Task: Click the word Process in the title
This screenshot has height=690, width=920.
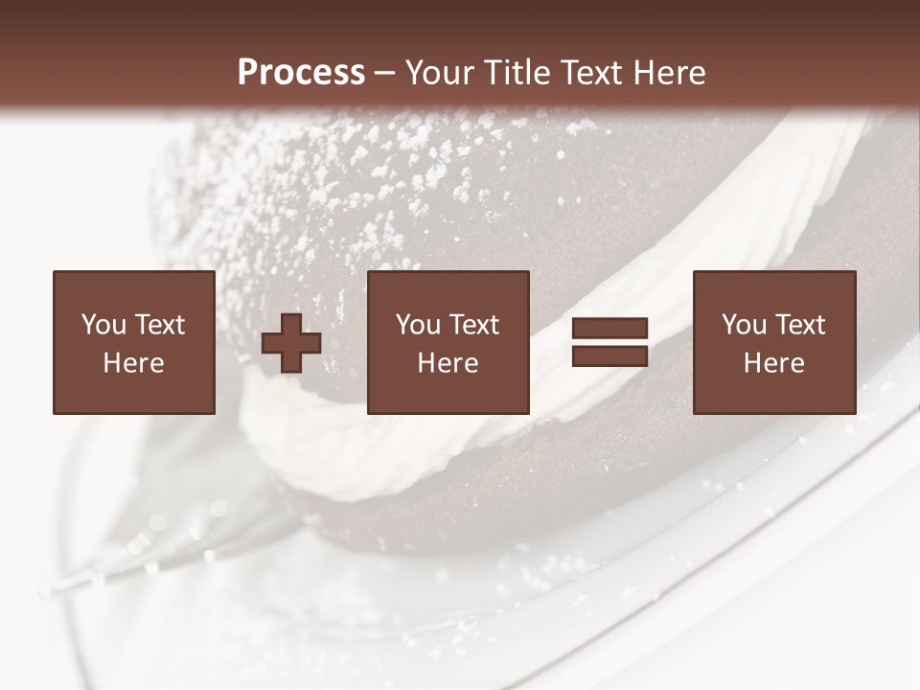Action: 301,73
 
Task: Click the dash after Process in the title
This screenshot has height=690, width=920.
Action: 384,74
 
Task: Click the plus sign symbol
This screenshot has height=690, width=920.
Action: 291,343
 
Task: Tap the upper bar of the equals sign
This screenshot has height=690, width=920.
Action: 609,329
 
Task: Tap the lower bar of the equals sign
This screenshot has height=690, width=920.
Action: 609,356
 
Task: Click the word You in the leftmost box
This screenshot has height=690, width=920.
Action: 103,325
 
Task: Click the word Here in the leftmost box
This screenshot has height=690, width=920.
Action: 134,363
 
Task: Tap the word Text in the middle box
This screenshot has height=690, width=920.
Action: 473,325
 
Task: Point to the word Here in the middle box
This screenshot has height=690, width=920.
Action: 448,363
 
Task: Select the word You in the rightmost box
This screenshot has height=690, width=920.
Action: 744,325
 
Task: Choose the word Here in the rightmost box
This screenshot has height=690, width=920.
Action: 774,363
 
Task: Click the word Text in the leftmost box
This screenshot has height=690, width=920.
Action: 159,325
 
